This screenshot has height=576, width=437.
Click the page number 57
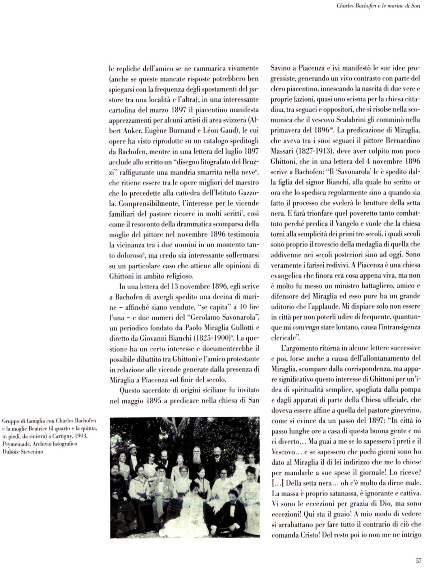pyautogui.click(x=419, y=561)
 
